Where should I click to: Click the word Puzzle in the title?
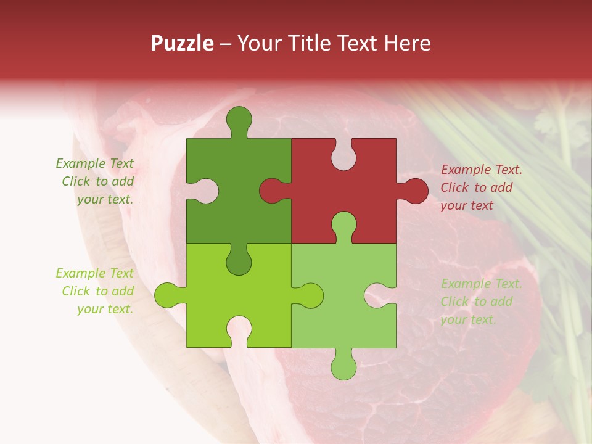(182, 43)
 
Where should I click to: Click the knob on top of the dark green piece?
(239, 118)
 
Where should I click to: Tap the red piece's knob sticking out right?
(414, 191)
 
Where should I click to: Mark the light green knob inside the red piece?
(343, 224)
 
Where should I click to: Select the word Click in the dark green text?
(76, 181)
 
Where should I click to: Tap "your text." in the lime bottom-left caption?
(105, 309)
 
